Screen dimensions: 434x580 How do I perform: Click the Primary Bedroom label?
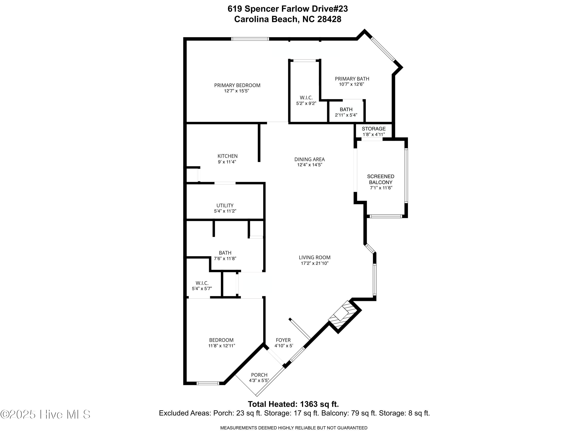point(237,85)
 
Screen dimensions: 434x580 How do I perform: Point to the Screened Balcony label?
point(380,179)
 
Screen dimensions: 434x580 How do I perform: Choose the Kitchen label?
point(227,156)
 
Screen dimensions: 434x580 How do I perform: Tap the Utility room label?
point(225,206)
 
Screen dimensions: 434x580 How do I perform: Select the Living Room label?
point(314,258)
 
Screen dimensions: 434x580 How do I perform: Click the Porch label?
point(259,375)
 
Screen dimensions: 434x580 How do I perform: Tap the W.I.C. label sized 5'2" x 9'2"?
point(306,98)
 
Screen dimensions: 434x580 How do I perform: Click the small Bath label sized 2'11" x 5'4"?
point(346,109)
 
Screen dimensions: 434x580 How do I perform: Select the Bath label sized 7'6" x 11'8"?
point(225,253)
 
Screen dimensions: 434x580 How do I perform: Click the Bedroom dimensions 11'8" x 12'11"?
point(222,346)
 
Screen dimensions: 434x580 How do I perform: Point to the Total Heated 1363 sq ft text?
point(293,404)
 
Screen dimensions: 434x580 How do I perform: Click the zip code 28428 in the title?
point(329,19)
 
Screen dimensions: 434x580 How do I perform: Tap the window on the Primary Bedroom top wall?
point(250,39)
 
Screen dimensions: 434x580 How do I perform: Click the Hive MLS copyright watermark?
point(45,414)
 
